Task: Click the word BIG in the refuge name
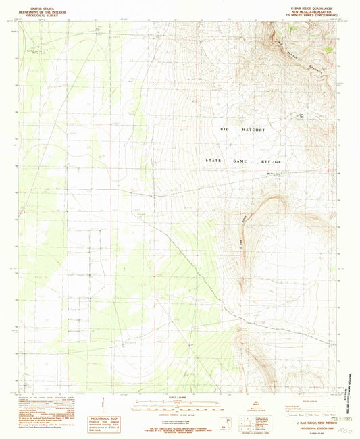click(226, 128)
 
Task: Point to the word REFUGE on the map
click(270, 161)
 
